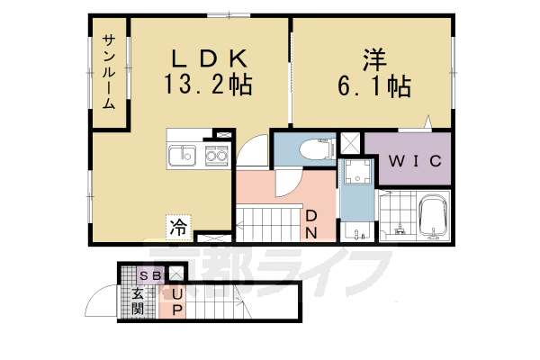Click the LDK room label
[x=210, y=58]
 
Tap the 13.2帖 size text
[x=208, y=85]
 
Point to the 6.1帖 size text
[x=374, y=86]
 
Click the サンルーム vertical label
[x=109, y=72]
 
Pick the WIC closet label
[x=415, y=161]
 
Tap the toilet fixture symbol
[x=318, y=148]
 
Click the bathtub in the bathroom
[x=434, y=217]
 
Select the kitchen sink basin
[x=183, y=156]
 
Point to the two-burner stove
[x=217, y=156]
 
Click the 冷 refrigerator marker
[x=178, y=227]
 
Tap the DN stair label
[x=311, y=224]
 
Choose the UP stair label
[x=177, y=302]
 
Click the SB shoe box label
[x=151, y=275]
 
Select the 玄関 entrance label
[x=138, y=301]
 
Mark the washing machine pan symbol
[x=358, y=172]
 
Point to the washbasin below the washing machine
[x=357, y=231]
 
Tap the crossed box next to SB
[x=176, y=274]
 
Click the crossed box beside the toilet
[x=350, y=143]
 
